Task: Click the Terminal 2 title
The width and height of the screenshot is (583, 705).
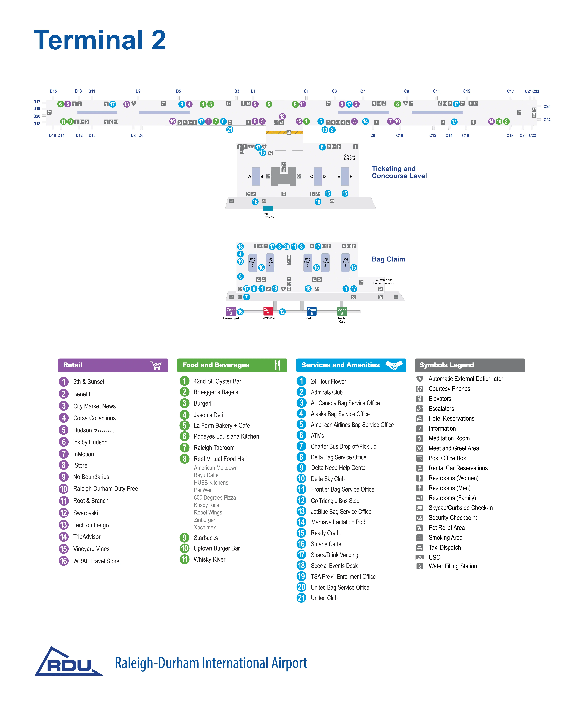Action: point(100,40)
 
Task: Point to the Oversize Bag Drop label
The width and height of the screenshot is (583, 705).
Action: point(350,157)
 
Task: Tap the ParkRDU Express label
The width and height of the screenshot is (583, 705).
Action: point(268,215)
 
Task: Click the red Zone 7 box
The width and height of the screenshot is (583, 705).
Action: point(268,311)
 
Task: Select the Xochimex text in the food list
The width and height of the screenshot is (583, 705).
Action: point(205,527)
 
